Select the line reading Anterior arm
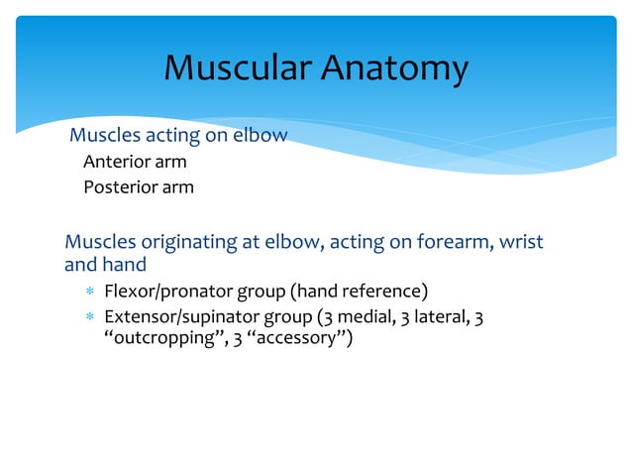pyautogui.click(x=135, y=161)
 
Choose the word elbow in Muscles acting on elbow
pyautogui.click(x=261, y=135)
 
